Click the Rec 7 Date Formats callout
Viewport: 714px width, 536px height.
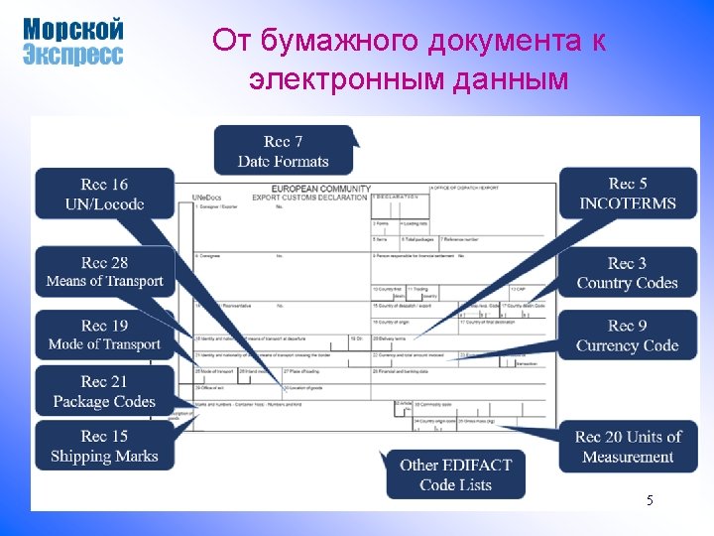point(284,151)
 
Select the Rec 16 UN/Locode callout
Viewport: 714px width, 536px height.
point(105,194)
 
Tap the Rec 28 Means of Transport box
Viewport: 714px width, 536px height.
point(105,272)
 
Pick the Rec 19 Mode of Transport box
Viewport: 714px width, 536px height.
point(105,335)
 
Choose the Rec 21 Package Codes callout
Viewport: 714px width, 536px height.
point(105,391)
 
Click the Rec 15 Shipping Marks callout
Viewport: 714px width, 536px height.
point(105,446)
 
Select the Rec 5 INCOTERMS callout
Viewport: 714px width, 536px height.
point(628,194)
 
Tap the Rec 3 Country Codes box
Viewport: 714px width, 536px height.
point(628,273)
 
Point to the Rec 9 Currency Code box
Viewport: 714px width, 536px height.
point(628,335)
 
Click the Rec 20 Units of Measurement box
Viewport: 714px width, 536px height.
point(628,447)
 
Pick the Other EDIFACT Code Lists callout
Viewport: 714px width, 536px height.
point(455,474)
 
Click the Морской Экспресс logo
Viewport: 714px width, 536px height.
point(73,42)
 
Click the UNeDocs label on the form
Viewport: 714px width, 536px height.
point(210,199)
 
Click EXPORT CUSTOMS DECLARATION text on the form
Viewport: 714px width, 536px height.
point(310,197)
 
